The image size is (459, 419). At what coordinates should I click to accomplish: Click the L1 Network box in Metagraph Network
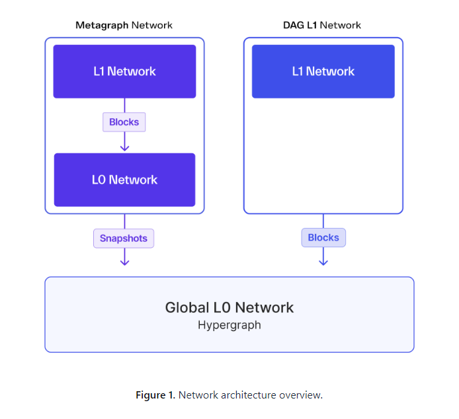click(x=124, y=71)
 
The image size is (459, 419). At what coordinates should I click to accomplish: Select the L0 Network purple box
click(x=124, y=180)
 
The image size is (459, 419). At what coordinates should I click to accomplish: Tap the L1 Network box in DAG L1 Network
click(x=323, y=71)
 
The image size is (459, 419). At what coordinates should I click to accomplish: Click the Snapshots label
click(x=124, y=238)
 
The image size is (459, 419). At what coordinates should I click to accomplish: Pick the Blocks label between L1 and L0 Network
click(x=124, y=122)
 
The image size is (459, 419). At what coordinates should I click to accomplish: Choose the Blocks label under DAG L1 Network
click(x=323, y=237)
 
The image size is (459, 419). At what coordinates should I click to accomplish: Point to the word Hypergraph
click(x=229, y=325)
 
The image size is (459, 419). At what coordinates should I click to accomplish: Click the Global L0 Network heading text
click(x=229, y=307)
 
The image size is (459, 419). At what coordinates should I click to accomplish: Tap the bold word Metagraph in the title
click(x=102, y=25)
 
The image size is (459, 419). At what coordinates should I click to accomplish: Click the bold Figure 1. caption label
click(x=155, y=395)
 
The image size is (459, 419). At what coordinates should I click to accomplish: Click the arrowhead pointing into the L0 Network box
click(x=124, y=147)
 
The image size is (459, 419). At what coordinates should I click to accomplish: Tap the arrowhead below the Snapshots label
click(x=124, y=262)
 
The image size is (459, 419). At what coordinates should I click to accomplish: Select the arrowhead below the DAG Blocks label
click(x=323, y=262)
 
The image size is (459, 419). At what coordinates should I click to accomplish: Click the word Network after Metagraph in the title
click(x=152, y=25)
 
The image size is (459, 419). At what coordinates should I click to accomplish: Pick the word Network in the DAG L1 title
click(x=341, y=25)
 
